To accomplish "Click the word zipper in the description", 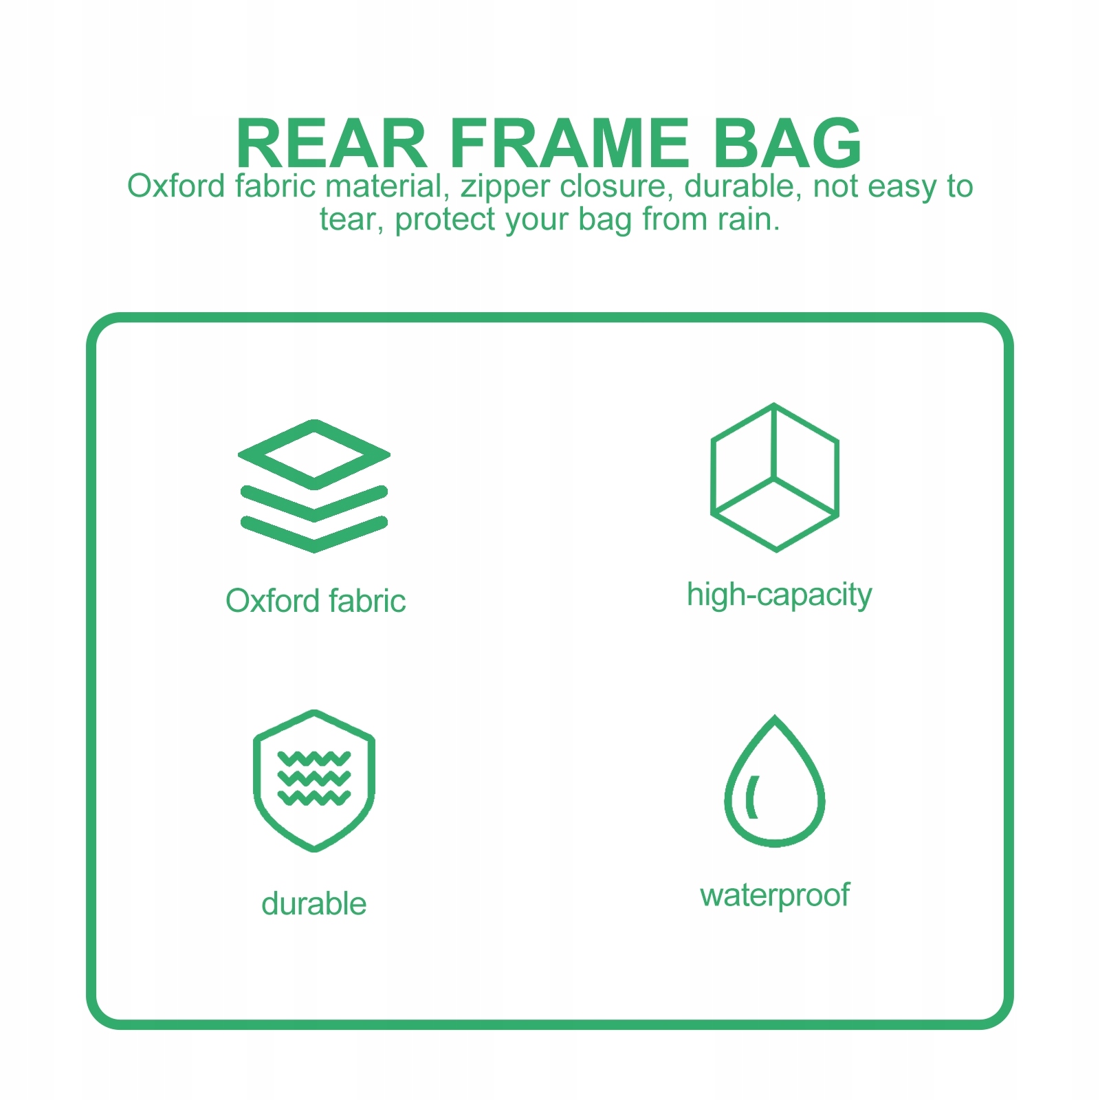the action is point(505,188).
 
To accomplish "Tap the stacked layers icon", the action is point(314,486).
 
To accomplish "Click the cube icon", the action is point(775,477).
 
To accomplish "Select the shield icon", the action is point(314,781).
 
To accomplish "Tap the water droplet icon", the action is point(775,781).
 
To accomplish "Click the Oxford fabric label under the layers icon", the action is point(316,601).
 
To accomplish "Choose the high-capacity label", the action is point(779,595).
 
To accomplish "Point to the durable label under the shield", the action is point(313,903).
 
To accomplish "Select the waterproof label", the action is point(775,896).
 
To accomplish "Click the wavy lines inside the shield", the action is point(314,778).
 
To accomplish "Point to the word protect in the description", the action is point(445,220).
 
